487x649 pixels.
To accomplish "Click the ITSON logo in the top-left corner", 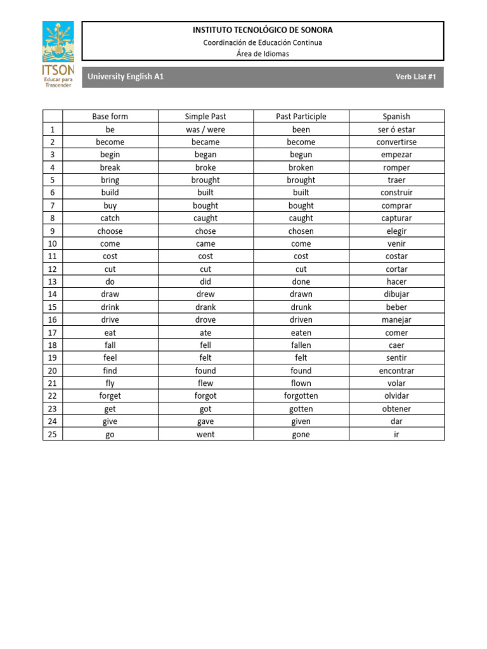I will [x=58, y=54].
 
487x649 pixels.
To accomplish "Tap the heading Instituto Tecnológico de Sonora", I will [x=263, y=30].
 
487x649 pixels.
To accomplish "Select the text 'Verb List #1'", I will [x=416, y=77].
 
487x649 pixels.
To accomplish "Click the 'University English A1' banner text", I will [x=126, y=77].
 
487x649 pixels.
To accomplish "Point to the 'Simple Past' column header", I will [x=205, y=117].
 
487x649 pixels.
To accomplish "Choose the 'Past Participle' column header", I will [x=301, y=117].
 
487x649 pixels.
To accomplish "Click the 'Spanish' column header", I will [x=396, y=117].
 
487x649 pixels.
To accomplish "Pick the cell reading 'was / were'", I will [x=205, y=129].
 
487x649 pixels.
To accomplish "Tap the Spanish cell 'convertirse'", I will [x=396, y=142].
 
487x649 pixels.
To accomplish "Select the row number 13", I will [x=53, y=281].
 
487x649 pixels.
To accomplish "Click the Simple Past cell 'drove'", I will [x=205, y=320].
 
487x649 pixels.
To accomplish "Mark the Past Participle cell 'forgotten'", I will [x=301, y=396].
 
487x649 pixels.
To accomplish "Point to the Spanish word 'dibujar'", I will [x=396, y=294].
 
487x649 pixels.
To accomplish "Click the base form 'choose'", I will [x=110, y=231].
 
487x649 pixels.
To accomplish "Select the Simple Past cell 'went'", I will [x=205, y=434].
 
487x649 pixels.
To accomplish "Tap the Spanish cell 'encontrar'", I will [x=396, y=371].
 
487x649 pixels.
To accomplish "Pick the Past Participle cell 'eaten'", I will [x=301, y=333].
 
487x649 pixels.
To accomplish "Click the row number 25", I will [x=53, y=434].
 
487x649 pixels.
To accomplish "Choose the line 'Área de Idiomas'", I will [x=263, y=54].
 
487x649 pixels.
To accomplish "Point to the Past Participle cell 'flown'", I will [x=301, y=383].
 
